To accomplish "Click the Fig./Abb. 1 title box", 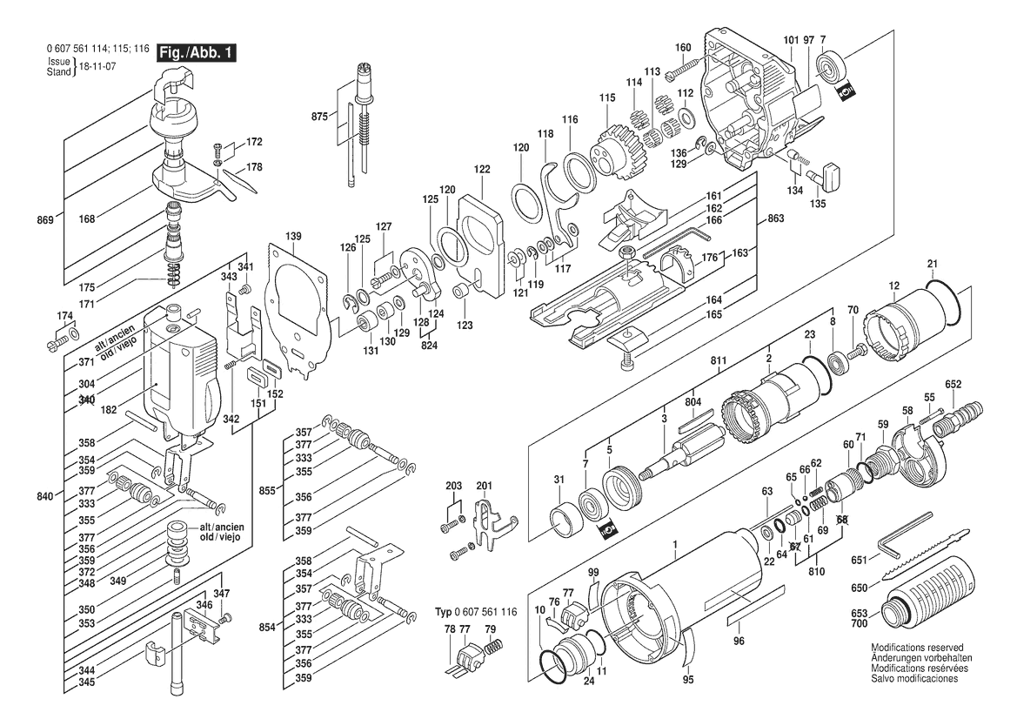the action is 197,52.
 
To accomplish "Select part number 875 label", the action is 320,116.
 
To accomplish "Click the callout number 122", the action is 482,170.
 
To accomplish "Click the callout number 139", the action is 293,236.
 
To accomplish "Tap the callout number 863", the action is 775,218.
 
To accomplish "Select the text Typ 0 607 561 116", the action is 476,612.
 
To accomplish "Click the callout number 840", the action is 44,496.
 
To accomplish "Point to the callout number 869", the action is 44,220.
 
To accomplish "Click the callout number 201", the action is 484,486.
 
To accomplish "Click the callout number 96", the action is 739,642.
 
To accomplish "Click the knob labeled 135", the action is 824,175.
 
